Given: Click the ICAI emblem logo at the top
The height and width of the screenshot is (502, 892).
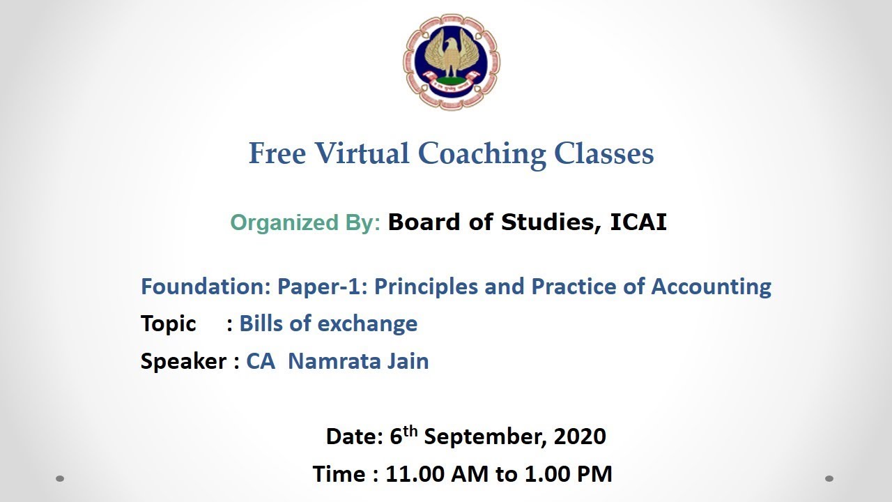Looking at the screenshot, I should (x=451, y=61).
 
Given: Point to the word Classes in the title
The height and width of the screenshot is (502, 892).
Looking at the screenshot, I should (x=603, y=153).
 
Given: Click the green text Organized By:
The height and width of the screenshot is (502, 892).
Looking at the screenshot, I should (x=305, y=222).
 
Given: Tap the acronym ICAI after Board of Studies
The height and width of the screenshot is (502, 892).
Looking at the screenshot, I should (x=638, y=222).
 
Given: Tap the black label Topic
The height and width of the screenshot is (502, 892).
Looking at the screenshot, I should (x=168, y=324).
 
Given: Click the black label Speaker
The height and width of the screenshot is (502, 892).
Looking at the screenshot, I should (x=183, y=361).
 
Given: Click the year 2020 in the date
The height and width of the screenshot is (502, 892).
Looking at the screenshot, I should (x=580, y=436).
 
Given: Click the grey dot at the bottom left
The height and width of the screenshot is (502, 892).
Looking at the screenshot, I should (x=60, y=478).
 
